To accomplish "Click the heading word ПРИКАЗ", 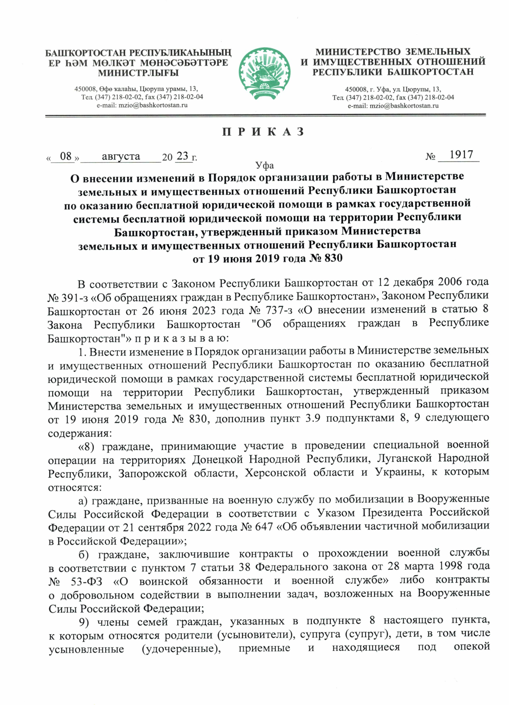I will pos(263,131).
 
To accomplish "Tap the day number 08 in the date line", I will pos(66,156).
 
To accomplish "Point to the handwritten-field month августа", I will pos(121,156).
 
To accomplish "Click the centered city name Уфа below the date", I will pos(264,165).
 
